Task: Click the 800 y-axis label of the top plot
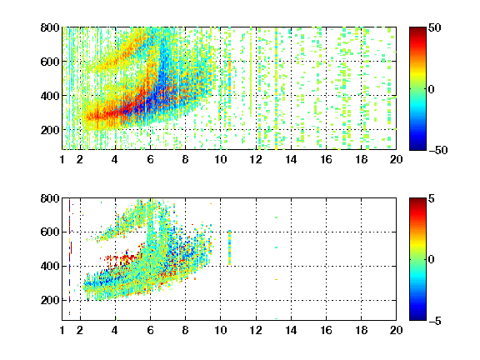click(50, 27)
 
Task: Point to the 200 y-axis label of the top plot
click(50, 130)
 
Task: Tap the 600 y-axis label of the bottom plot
click(50, 232)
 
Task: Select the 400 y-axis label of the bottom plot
click(50, 266)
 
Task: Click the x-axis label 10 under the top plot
click(220, 159)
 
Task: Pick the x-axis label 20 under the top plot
click(396, 159)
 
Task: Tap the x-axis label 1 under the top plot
click(62, 159)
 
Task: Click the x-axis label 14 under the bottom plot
click(291, 330)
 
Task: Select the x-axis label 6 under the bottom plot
click(150, 330)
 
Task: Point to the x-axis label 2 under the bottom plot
click(80, 330)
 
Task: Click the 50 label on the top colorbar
click(435, 27)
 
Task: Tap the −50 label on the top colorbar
click(437, 150)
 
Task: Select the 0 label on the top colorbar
click(432, 89)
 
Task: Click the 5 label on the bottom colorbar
click(432, 198)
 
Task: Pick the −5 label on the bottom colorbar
click(435, 321)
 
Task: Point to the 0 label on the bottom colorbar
click(432, 260)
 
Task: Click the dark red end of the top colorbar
click(417, 30)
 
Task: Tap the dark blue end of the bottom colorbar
click(417, 317)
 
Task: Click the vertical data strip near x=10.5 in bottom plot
click(230, 247)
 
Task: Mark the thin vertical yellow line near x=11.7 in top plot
click(251, 72)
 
